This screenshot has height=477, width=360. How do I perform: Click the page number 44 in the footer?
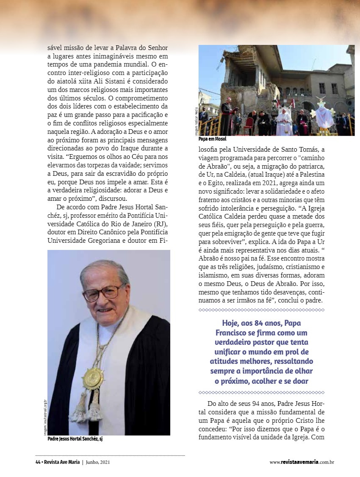(38, 462)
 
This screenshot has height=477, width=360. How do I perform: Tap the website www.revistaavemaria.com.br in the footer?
(302, 462)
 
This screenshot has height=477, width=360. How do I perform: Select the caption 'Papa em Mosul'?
(212, 139)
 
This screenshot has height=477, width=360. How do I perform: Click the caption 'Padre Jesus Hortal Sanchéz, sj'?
(75, 439)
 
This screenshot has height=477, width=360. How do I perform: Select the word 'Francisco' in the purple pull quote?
(234, 333)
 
